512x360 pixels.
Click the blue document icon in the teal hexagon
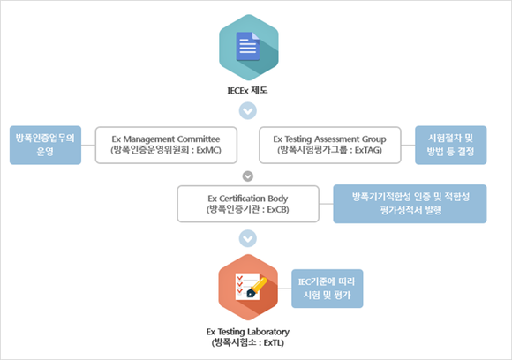(x=248, y=47)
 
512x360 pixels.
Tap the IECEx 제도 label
(x=247, y=90)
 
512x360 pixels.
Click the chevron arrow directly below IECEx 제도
(x=248, y=111)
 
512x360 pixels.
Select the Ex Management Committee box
(x=166, y=145)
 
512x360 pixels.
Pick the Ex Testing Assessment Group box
(x=330, y=145)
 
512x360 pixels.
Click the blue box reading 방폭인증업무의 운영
(x=45, y=145)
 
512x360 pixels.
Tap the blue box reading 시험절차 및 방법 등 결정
(x=450, y=145)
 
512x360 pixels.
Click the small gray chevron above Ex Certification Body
(x=248, y=176)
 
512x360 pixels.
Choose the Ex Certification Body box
(x=248, y=204)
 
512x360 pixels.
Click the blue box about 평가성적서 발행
(x=410, y=204)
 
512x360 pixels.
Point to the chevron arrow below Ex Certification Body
(x=248, y=238)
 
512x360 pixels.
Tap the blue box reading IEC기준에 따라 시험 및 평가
(x=328, y=289)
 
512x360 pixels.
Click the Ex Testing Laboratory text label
(x=248, y=332)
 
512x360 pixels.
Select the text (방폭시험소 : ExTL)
(x=248, y=342)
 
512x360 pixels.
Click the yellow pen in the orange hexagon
(x=257, y=288)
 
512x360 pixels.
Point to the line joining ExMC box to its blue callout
(x=88, y=145)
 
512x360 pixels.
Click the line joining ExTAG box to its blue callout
(x=408, y=145)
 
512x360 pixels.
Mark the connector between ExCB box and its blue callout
(x=327, y=204)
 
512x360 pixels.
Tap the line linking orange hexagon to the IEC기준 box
(x=285, y=289)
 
